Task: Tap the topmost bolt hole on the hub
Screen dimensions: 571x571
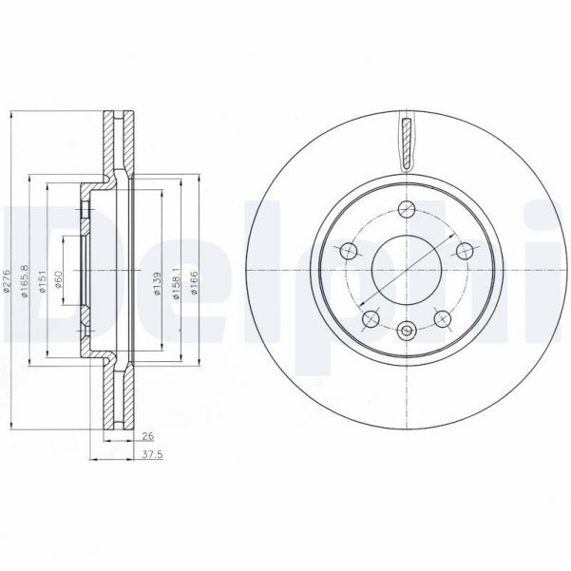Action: click(407, 210)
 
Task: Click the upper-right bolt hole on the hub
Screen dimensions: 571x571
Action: click(465, 251)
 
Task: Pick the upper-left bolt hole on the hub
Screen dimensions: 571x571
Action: click(349, 251)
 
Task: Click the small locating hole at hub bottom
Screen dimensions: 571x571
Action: click(407, 331)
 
